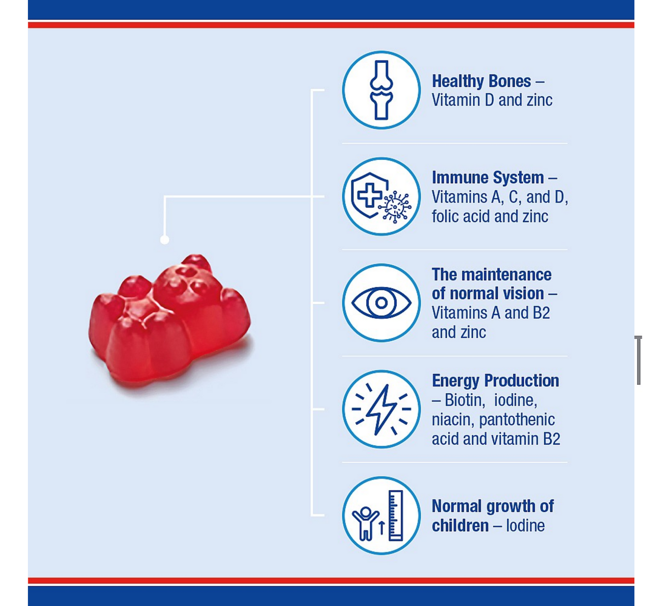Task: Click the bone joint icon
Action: pyautogui.click(x=381, y=90)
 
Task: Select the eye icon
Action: pyautogui.click(x=381, y=303)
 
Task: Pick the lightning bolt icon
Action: pyautogui.click(x=381, y=409)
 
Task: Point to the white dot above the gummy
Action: pyautogui.click(x=164, y=240)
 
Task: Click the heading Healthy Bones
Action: pyautogui.click(x=481, y=81)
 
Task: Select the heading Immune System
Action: pyautogui.click(x=488, y=178)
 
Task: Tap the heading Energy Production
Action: pyautogui.click(x=495, y=381)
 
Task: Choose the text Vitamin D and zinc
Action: pyautogui.click(x=492, y=100)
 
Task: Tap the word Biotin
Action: pyautogui.click(x=465, y=400)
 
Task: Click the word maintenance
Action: pyautogui.click(x=506, y=275)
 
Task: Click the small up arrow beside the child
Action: pyautogui.click(x=382, y=527)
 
